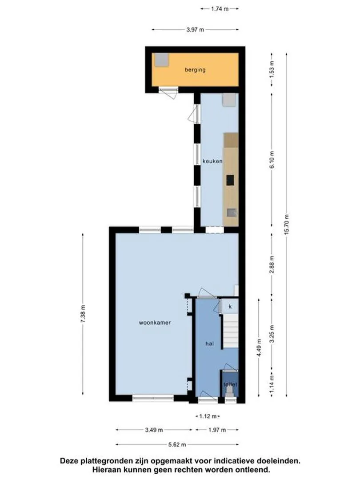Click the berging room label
click(x=195, y=70)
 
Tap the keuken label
click(x=212, y=161)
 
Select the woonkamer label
click(x=155, y=323)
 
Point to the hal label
click(x=209, y=344)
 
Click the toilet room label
click(x=230, y=384)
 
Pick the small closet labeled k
click(x=230, y=306)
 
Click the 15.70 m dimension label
click(x=287, y=224)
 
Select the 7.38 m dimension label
click(x=83, y=313)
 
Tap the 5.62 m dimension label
click(x=177, y=444)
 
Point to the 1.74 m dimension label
click(x=220, y=9)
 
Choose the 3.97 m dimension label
click(x=195, y=30)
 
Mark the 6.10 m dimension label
click(x=272, y=160)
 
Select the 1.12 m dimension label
click(x=208, y=416)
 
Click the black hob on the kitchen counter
click(x=230, y=180)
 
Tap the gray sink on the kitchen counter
click(x=232, y=212)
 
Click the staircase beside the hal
click(x=230, y=331)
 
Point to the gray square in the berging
click(x=161, y=60)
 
